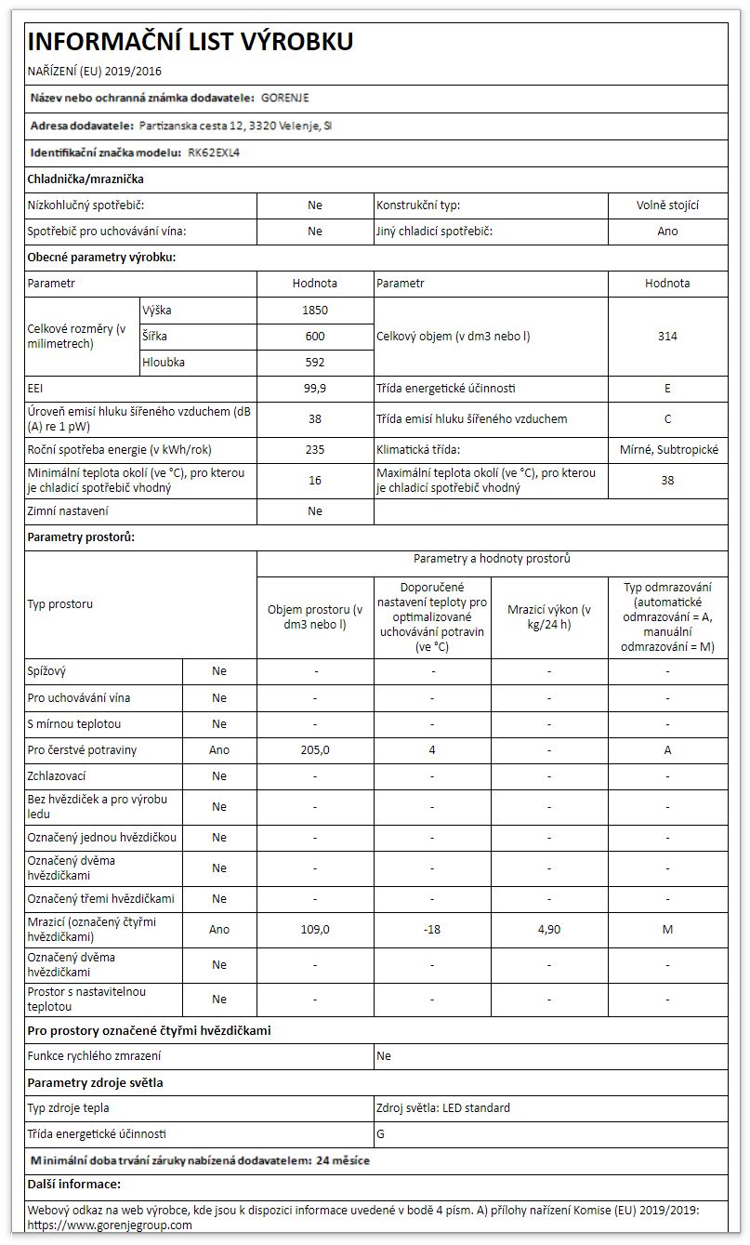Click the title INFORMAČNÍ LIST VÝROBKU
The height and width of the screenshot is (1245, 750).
click(x=191, y=41)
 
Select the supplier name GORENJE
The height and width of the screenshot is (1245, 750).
click(x=285, y=98)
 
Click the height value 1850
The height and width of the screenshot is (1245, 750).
click(x=315, y=310)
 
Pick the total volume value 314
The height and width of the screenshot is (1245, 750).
click(x=667, y=336)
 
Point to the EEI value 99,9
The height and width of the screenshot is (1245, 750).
click(x=315, y=388)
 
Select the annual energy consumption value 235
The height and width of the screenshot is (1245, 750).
click(x=315, y=449)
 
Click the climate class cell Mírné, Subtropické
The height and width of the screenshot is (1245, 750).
click(x=668, y=449)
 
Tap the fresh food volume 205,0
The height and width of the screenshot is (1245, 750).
click(x=315, y=749)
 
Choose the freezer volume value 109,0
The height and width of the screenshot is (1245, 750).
click(x=315, y=929)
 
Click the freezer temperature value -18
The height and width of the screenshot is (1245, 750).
click(x=432, y=929)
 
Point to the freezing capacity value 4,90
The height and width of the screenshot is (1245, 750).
click(x=549, y=929)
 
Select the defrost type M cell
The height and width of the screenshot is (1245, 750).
click(x=667, y=929)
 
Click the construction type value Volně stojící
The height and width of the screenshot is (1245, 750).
click(x=667, y=205)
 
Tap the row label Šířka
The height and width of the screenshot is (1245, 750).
click(x=156, y=336)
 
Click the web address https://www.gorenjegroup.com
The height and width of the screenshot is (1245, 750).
click(x=110, y=1225)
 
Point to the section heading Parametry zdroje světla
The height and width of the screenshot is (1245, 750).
click(x=96, y=1082)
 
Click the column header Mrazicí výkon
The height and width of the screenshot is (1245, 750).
click(x=549, y=616)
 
